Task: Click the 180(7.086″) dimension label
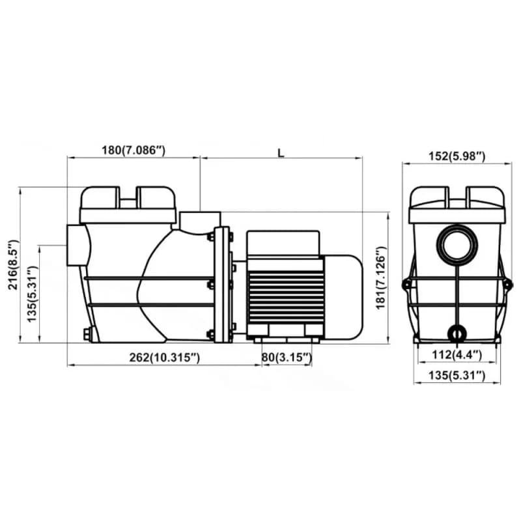click(134, 150)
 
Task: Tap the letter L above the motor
click(281, 153)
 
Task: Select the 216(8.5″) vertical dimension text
click(13, 264)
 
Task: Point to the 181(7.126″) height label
click(381, 278)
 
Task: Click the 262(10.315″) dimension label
click(165, 358)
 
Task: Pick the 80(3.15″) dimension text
click(287, 358)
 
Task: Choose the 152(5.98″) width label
click(457, 156)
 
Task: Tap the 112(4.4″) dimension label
click(457, 355)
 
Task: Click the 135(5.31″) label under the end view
click(457, 376)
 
